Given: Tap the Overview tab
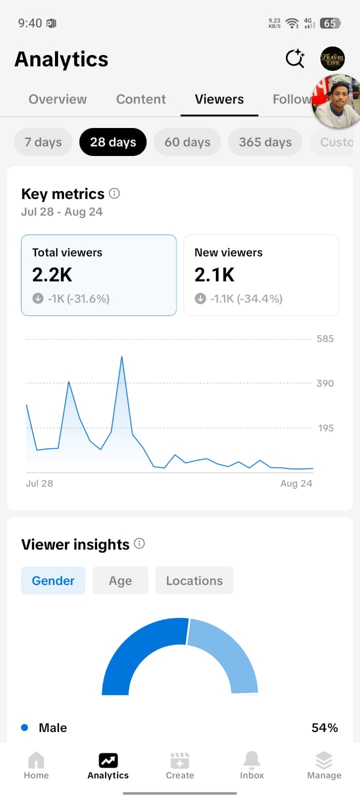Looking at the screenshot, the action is [x=57, y=99].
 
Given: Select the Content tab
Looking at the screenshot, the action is [x=140, y=99].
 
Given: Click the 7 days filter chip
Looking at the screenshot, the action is [x=43, y=142].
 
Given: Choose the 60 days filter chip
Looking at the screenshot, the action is [x=187, y=142].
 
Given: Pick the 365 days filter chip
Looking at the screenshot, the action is [x=265, y=142].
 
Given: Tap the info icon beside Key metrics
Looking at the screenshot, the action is [x=114, y=193].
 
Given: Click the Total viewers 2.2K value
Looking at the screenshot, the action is [x=52, y=275].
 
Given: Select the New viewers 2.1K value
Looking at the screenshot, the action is [x=214, y=275].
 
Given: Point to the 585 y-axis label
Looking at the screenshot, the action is [x=325, y=339].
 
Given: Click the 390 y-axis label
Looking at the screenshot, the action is [x=325, y=383].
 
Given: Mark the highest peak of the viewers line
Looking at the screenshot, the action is [x=122, y=356].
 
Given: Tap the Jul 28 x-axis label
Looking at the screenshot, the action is [x=39, y=483].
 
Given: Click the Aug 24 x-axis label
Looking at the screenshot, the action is [x=296, y=483].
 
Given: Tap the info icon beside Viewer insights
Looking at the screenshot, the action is [x=139, y=543].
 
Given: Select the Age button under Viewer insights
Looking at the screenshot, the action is [x=120, y=580].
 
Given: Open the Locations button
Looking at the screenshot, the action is [x=194, y=580].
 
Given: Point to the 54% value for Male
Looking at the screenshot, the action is [x=324, y=728].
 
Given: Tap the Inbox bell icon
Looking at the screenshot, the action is [x=252, y=760].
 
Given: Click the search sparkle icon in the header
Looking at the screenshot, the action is [x=295, y=58].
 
